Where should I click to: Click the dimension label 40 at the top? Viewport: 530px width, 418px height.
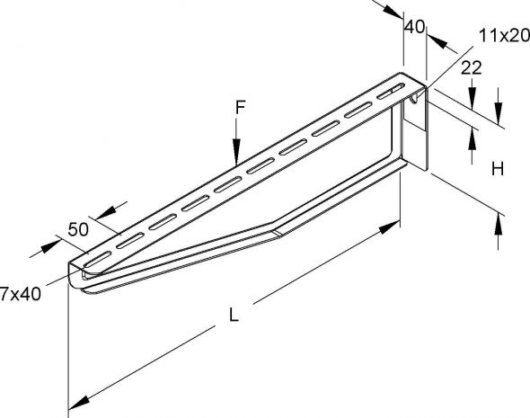tap(414, 27)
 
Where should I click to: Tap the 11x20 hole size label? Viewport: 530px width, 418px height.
tap(504, 36)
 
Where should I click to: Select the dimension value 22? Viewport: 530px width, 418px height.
tap(472, 68)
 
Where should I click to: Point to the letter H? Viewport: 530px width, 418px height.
tap(498, 169)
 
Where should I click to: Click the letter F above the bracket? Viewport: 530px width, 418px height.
tap(240, 108)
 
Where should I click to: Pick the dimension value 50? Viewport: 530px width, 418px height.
tap(78, 229)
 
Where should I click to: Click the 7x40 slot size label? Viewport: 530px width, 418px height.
tap(21, 294)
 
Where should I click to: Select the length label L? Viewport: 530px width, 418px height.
tap(234, 315)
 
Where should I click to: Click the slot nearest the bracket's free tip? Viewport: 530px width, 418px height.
tap(97, 258)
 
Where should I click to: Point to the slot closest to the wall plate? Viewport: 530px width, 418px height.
tap(391, 92)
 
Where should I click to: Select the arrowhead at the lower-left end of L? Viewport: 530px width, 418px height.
tap(79, 403)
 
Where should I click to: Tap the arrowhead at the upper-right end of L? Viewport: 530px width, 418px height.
tap(389, 226)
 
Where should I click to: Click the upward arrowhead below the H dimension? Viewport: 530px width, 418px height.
tap(498, 223)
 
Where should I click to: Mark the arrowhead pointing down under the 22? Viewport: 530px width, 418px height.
tap(472, 98)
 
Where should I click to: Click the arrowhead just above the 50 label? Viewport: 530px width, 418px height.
tap(106, 213)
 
